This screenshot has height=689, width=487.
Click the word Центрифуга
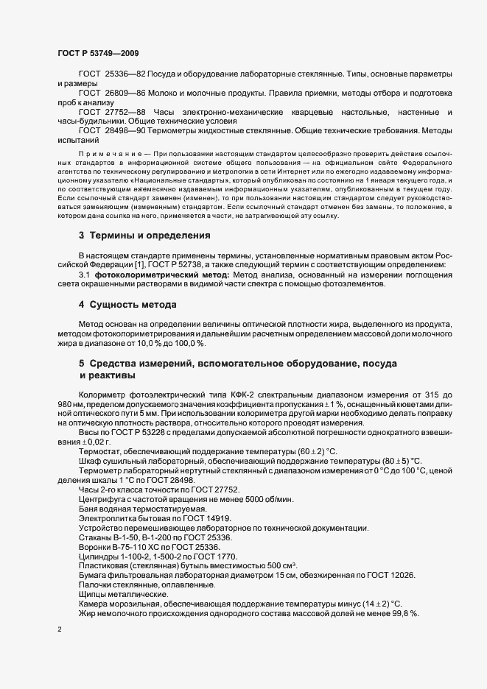click(102, 499)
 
